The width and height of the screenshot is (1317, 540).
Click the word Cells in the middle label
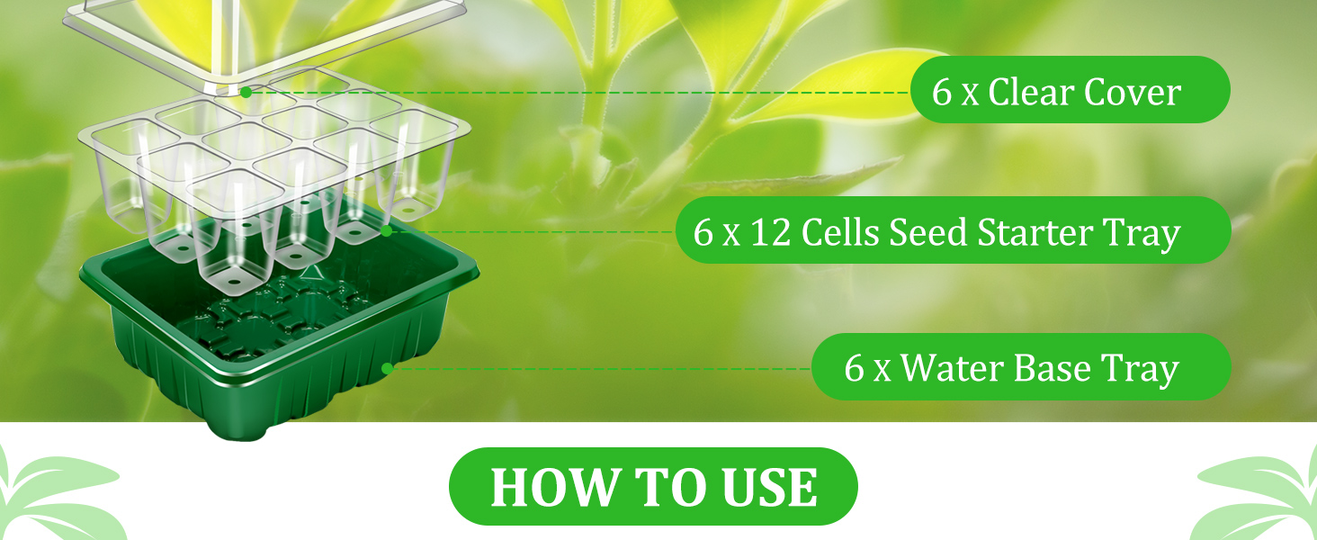pos(840,232)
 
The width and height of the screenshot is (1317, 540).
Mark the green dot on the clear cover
pos(246,92)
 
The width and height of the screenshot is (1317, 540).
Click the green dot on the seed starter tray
pos(386,231)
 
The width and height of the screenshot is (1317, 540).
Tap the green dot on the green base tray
pos(387,368)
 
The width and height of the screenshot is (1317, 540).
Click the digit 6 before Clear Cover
pos(942,92)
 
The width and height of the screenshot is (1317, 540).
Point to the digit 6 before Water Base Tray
pos(854,368)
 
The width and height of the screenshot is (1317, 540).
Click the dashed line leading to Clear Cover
pos(576,92)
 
